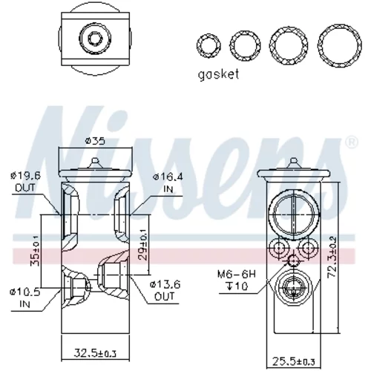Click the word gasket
pyautogui.click(x=218, y=75)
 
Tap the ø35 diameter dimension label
pyautogui.click(x=95, y=141)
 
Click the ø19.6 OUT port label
pyautogui.click(x=25, y=182)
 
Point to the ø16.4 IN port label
pyautogui.click(x=168, y=183)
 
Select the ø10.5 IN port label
pyautogui.click(x=24, y=298)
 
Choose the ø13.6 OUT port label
pyautogui.click(x=165, y=290)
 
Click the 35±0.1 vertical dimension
pyautogui.click(x=35, y=251)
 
